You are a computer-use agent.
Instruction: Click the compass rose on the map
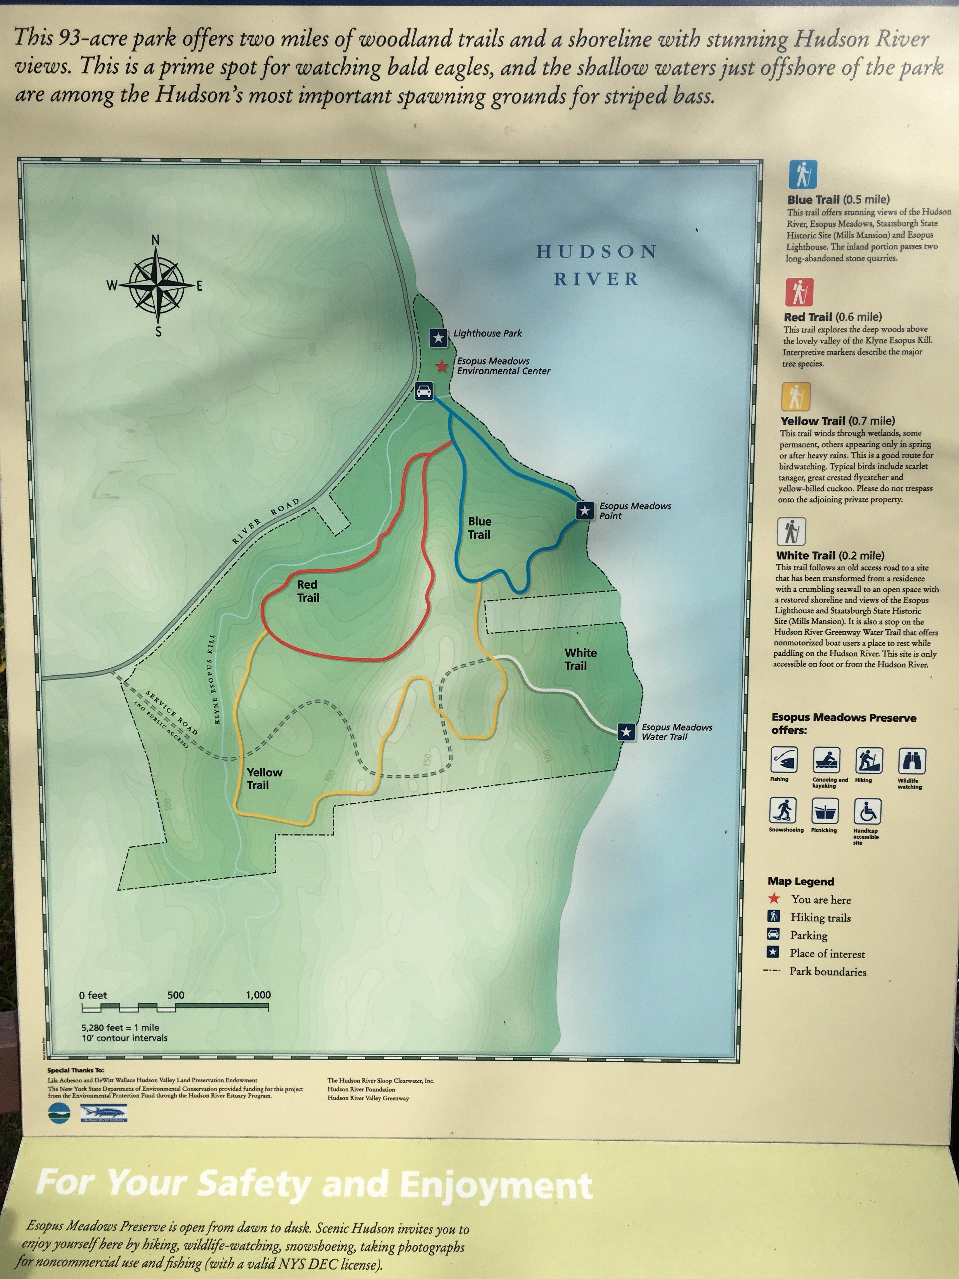pyautogui.click(x=157, y=285)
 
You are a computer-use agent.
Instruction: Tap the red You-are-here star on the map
pyautogui.click(x=442, y=366)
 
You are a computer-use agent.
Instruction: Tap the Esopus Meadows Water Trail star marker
pyautogui.click(x=626, y=731)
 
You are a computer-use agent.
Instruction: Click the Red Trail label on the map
pyautogui.click(x=308, y=591)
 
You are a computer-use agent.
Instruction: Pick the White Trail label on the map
pyautogui.click(x=580, y=659)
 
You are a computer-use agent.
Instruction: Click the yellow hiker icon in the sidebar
pyautogui.click(x=796, y=396)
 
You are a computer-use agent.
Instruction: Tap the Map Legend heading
pyautogui.click(x=801, y=881)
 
